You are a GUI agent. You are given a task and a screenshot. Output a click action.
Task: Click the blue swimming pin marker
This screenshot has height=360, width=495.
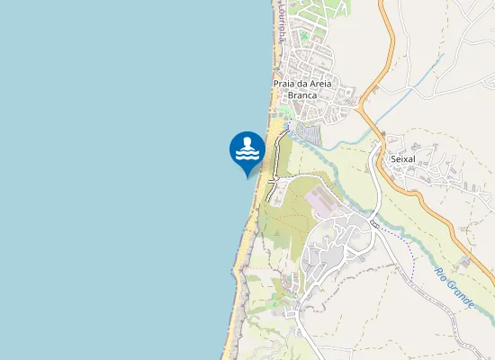[247, 150]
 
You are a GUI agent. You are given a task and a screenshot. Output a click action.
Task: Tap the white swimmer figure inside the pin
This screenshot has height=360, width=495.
[247, 144]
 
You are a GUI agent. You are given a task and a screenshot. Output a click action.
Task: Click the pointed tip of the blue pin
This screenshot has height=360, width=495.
[247, 176]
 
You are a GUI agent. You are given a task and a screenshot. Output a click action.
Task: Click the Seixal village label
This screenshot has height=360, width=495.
[402, 159]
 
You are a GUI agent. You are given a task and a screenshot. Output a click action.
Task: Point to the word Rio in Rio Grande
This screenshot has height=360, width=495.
[442, 274]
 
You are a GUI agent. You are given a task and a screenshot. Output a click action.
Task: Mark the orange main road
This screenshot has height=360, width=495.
[389, 54]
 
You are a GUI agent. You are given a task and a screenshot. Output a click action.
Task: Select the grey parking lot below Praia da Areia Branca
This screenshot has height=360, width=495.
[309, 134]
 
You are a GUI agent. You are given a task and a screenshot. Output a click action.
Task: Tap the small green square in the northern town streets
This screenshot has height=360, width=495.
[304, 37]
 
